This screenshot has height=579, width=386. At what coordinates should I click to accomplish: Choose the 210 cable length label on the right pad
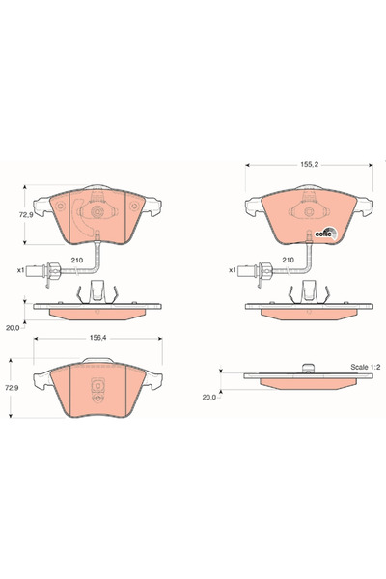tap(288, 261)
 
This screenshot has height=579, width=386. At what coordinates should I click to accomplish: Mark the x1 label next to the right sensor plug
tap(232, 270)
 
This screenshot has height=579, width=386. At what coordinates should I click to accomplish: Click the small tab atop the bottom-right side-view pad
tap(307, 367)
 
